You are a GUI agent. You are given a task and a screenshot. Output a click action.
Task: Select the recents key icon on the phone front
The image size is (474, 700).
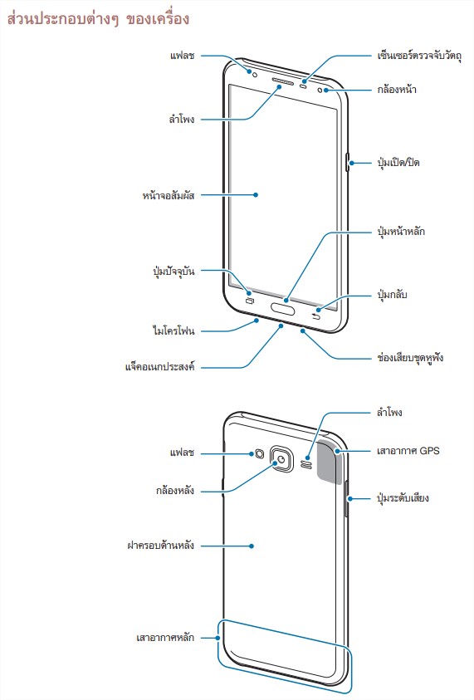click(x=250, y=300)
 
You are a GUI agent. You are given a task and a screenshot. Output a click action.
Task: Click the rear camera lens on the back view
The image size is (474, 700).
click(x=282, y=459)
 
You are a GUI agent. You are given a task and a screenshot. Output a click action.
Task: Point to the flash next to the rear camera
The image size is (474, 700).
click(x=260, y=454)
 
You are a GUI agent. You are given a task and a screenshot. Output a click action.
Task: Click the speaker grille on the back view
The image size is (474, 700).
click(x=307, y=464)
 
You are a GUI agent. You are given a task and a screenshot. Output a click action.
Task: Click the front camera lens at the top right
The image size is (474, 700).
click(x=320, y=91)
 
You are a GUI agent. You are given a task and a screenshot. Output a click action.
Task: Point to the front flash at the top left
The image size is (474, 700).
click(x=255, y=74)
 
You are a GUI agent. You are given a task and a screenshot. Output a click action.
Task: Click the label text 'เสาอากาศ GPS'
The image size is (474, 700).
click(x=408, y=450)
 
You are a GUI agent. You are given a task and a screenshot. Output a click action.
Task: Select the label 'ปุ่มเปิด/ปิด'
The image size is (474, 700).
click(x=398, y=162)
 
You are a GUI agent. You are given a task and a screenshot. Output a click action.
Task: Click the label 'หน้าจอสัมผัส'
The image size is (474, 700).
click(x=169, y=195)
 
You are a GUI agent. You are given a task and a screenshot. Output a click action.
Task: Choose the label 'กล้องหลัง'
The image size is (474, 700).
click(x=175, y=490)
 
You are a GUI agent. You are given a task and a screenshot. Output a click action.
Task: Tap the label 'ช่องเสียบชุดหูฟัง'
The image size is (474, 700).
click(x=410, y=358)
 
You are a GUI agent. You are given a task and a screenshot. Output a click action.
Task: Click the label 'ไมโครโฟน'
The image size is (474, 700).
click(x=173, y=330)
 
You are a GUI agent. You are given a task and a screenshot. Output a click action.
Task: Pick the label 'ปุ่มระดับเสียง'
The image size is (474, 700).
click(x=403, y=497)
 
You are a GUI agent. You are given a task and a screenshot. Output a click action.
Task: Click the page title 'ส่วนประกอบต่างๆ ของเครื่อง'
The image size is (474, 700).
click(x=98, y=19)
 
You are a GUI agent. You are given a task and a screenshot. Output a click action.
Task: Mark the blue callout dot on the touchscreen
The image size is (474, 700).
click(x=256, y=194)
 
